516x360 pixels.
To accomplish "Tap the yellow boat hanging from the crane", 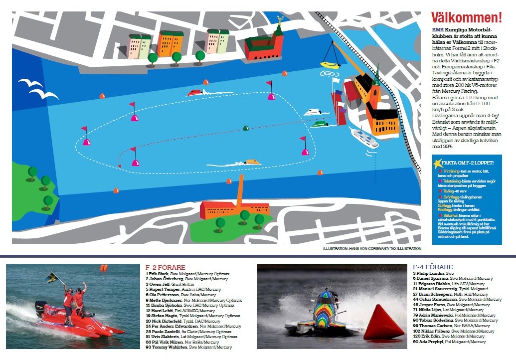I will tap(330, 65).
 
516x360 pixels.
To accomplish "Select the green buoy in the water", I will tap(246, 128).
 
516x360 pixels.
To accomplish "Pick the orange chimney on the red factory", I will tap(240, 191).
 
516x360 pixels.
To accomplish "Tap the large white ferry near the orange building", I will tap(364, 137).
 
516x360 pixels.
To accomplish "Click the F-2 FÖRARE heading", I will tap(166, 267).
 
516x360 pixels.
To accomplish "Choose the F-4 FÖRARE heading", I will tap(433, 267).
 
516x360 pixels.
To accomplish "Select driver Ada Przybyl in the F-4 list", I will tap(429, 342).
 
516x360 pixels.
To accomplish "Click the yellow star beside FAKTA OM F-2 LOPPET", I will tap(438, 163).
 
